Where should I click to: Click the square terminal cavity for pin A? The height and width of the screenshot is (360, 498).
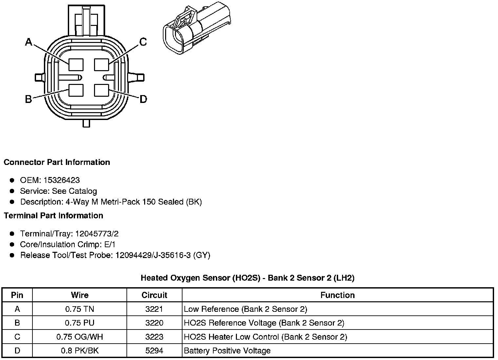pos(76,64)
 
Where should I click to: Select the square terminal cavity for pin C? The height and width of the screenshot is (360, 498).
pos(101,64)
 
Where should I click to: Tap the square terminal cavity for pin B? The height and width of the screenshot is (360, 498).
pos(76,90)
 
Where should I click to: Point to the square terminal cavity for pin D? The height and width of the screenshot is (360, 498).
pos(101,90)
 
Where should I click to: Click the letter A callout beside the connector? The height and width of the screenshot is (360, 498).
pos(29,42)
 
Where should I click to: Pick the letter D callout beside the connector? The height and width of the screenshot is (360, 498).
pos(143,99)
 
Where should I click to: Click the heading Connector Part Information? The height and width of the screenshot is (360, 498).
pos(57,162)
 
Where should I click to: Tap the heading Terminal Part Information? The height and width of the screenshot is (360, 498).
pos(53,215)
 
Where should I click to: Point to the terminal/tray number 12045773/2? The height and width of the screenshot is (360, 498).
pos(97,234)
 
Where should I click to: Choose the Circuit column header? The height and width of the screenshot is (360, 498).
pos(154,295)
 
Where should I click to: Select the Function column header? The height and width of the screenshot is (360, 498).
pos(337,295)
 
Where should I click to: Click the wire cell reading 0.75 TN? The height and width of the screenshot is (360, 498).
pos(80,309)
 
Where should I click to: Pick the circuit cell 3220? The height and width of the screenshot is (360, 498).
pos(154,323)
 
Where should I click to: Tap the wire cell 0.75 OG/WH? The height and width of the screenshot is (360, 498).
pos(80,337)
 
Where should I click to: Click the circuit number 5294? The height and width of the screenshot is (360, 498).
pos(154,351)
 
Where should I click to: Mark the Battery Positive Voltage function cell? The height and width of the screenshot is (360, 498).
pos(227,351)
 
